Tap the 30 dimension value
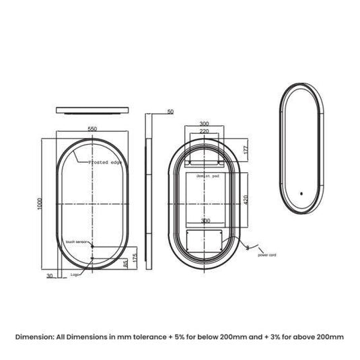tap(49, 276)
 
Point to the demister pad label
tap(205, 175)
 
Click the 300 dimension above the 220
tap(205, 124)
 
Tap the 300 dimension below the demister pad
tap(205, 221)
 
